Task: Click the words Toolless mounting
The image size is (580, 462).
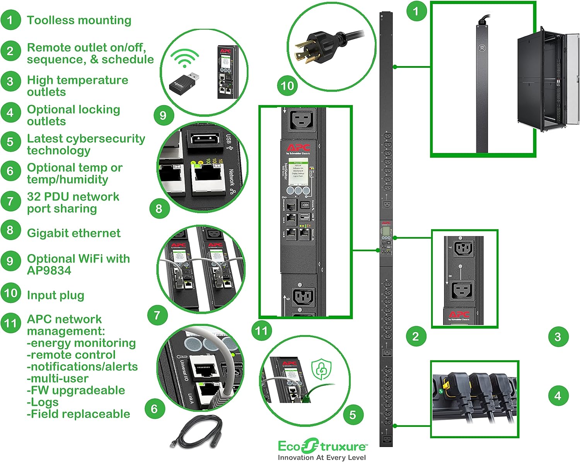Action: [79, 20]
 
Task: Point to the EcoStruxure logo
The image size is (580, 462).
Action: [322, 446]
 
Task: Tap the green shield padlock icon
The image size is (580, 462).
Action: [321, 370]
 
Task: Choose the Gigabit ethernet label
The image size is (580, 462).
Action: [73, 233]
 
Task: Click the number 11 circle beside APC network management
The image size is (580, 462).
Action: [11, 323]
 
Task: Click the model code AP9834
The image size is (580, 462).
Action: [49, 270]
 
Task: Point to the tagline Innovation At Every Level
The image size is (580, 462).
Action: [322, 457]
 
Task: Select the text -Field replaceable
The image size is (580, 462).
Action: [78, 414]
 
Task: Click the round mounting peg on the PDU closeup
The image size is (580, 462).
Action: [482, 48]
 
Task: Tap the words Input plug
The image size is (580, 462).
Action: [55, 295]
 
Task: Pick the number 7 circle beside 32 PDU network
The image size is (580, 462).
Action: [10, 201]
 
